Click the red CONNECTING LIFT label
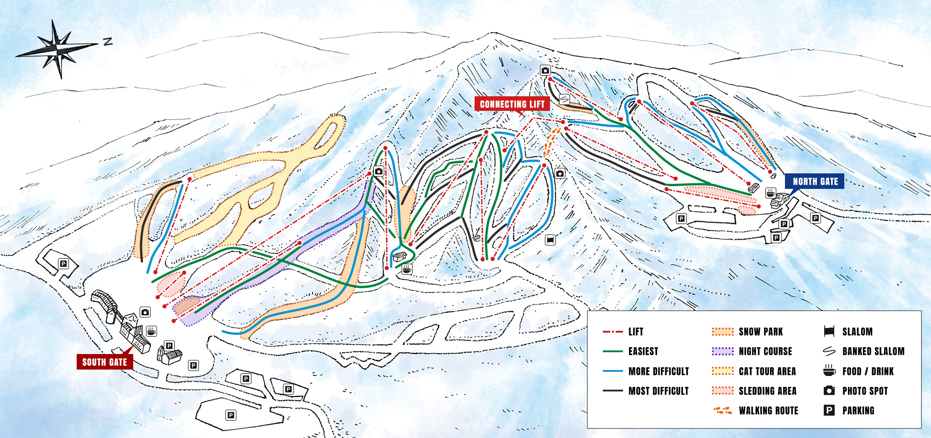pyautogui.click(x=512, y=104)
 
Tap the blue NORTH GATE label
pyautogui.click(x=815, y=181)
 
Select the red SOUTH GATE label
pyautogui.click(x=105, y=362)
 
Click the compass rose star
pyautogui.click(x=57, y=48)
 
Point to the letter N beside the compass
pyautogui.click(x=108, y=42)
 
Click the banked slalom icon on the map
pyautogui.click(x=565, y=99)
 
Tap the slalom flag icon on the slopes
pyautogui.click(x=550, y=240)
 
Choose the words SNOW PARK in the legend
pyautogui.click(x=761, y=332)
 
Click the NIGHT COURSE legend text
pyautogui.click(x=765, y=351)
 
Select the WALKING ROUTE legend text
pyautogui.click(x=769, y=411)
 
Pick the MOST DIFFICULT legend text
pyautogui.click(x=659, y=391)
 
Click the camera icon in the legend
pyautogui.click(x=829, y=391)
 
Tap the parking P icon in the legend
pyautogui.click(x=829, y=410)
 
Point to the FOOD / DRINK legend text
pyautogui.click(x=868, y=371)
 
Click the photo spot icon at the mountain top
pyautogui.click(x=545, y=70)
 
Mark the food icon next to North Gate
pyautogui.click(x=770, y=193)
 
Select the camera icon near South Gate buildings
pyautogui.click(x=145, y=312)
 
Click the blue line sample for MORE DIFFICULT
pyautogui.click(x=612, y=371)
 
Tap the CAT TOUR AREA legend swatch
pyautogui.click(x=722, y=371)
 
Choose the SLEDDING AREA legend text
pyautogui.click(x=768, y=391)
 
